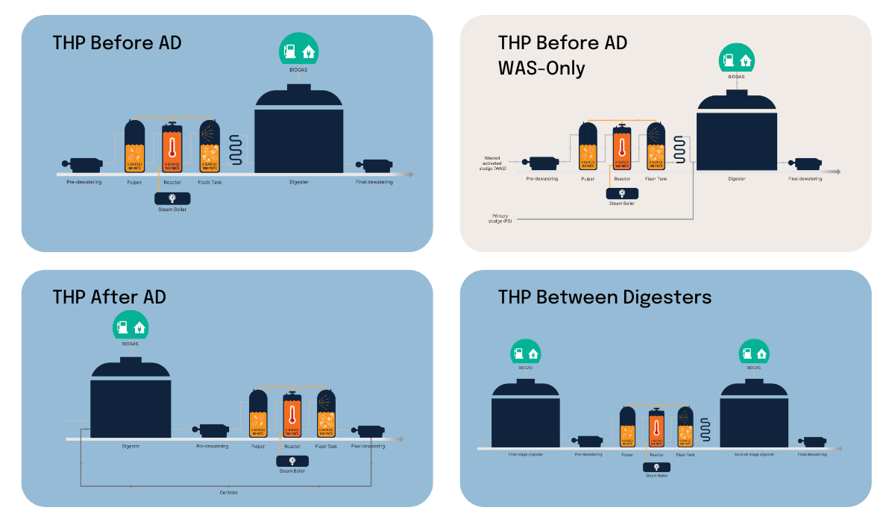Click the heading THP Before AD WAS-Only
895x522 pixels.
(562, 55)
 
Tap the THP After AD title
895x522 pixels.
(109, 297)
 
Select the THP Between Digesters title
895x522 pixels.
(604, 297)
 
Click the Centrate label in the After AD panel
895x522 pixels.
(228, 493)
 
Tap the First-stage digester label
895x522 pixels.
(525, 454)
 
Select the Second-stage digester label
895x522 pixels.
(753, 454)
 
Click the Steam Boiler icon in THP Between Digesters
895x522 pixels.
(656, 467)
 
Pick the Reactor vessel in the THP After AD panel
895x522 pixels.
(292, 415)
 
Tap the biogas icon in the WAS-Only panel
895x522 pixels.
(736, 58)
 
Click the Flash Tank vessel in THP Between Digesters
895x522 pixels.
(685, 427)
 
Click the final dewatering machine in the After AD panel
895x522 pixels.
(370, 430)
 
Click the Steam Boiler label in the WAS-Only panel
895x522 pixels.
(621, 203)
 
